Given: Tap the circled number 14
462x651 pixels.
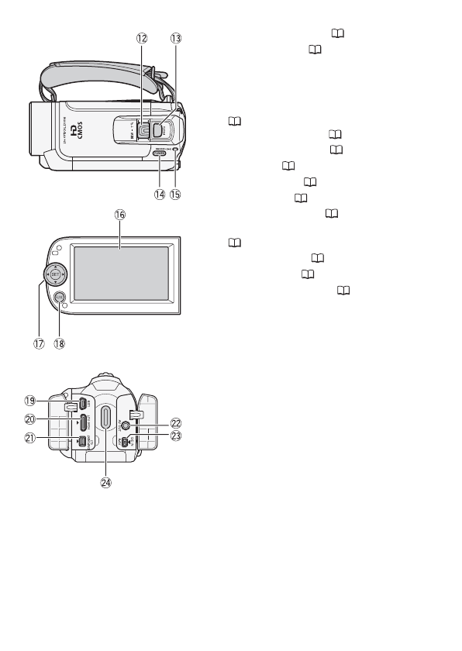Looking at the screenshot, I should click(x=160, y=195).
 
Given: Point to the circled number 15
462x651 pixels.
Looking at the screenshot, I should click(x=178, y=195).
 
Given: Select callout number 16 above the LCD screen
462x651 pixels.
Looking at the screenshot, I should click(x=120, y=212).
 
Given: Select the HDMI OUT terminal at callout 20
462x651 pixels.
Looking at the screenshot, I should click(x=82, y=422).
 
